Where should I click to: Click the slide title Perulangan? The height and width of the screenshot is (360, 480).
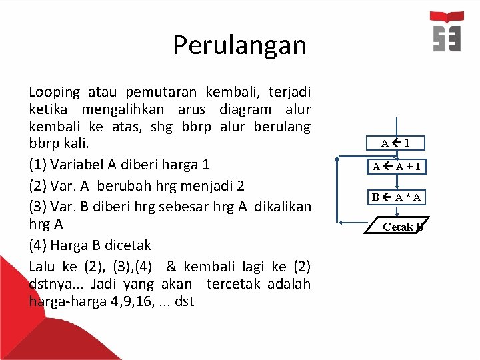pyautogui.click(x=240, y=45)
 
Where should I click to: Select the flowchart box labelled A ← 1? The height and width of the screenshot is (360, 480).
pyautogui.click(x=396, y=143)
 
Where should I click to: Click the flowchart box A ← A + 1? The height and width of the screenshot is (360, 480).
pyautogui.click(x=396, y=167)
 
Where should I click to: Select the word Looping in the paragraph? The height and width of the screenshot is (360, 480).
pyautogui.click(x=54, y=93)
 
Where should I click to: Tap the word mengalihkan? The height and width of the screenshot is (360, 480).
pyautogui.click(x=130, y=109)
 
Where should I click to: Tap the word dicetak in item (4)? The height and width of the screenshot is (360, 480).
pyautogui.click(x=127, y=245)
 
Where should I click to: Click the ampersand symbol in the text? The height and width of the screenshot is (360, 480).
pyautogui.click(x=171, y=267)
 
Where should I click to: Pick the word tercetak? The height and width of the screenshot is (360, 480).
pyautogui.click(x=233, y=284)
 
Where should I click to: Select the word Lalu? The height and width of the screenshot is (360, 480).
pyautogui.click(x=42, y=267)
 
